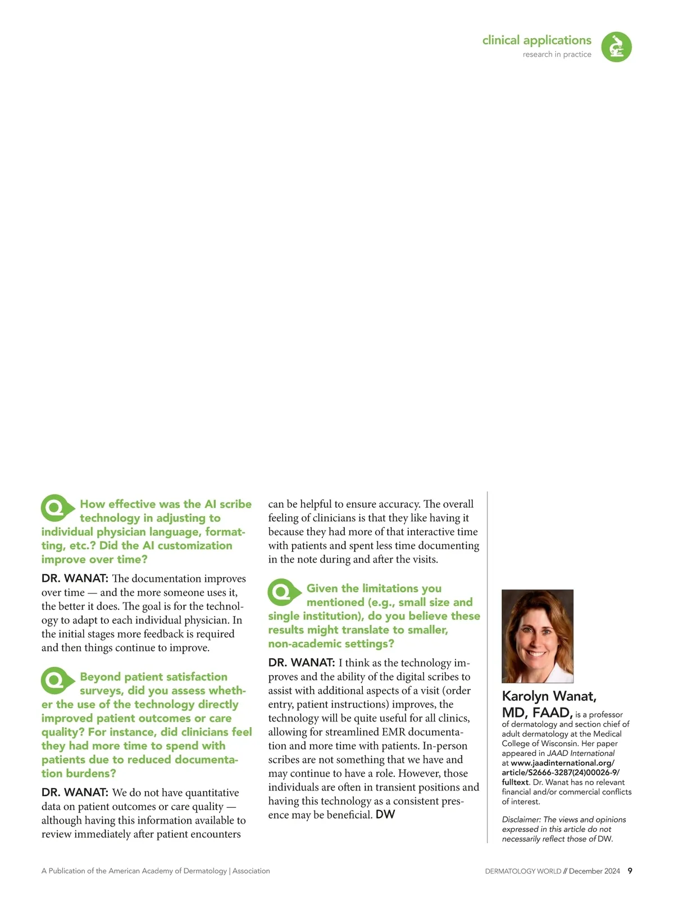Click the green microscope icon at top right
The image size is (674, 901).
coord(616,47)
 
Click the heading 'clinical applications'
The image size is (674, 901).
coord(536,40)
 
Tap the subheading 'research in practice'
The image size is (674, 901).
coord(557,54)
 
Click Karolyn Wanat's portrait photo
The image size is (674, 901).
coord(537,636)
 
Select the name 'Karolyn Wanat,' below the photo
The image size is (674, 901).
coord(549,696)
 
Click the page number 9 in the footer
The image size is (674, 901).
coord(630,871)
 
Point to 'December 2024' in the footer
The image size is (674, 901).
coord(594,871)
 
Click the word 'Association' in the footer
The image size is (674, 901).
coord(251,871)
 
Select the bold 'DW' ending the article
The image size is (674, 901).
coord(385,815)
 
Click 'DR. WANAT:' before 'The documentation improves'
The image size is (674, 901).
coord(75,578)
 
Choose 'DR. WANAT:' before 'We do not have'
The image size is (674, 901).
coord(75,793)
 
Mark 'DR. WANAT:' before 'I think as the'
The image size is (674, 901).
coord(302,663)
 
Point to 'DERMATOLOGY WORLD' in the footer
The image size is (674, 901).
coord(523,871)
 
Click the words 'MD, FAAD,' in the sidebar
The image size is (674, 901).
coord(537,713)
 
